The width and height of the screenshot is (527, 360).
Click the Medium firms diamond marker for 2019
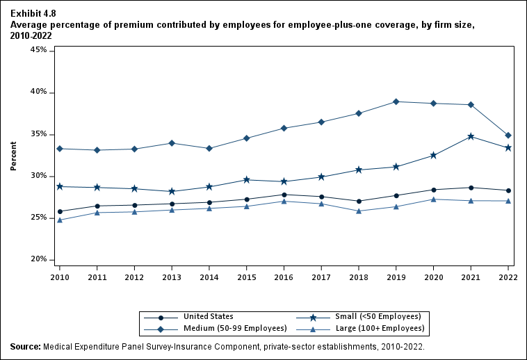[396, 101]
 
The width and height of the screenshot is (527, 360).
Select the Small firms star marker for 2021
[471, 136]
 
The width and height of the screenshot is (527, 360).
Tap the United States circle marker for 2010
[60, 211]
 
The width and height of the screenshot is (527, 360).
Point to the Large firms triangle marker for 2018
[359, 211]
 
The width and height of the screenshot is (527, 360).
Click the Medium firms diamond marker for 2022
[508, 136]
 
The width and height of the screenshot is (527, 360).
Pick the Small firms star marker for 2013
[172, 191]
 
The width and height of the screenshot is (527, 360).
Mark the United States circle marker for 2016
[284, 195]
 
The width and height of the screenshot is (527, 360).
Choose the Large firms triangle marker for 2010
[60, 220]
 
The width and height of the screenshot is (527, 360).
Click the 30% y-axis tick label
[39, 176]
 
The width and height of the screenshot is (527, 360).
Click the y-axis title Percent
[13, 156]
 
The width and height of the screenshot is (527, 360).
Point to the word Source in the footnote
[24, 346]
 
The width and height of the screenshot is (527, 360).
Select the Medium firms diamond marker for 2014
[209, 148]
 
